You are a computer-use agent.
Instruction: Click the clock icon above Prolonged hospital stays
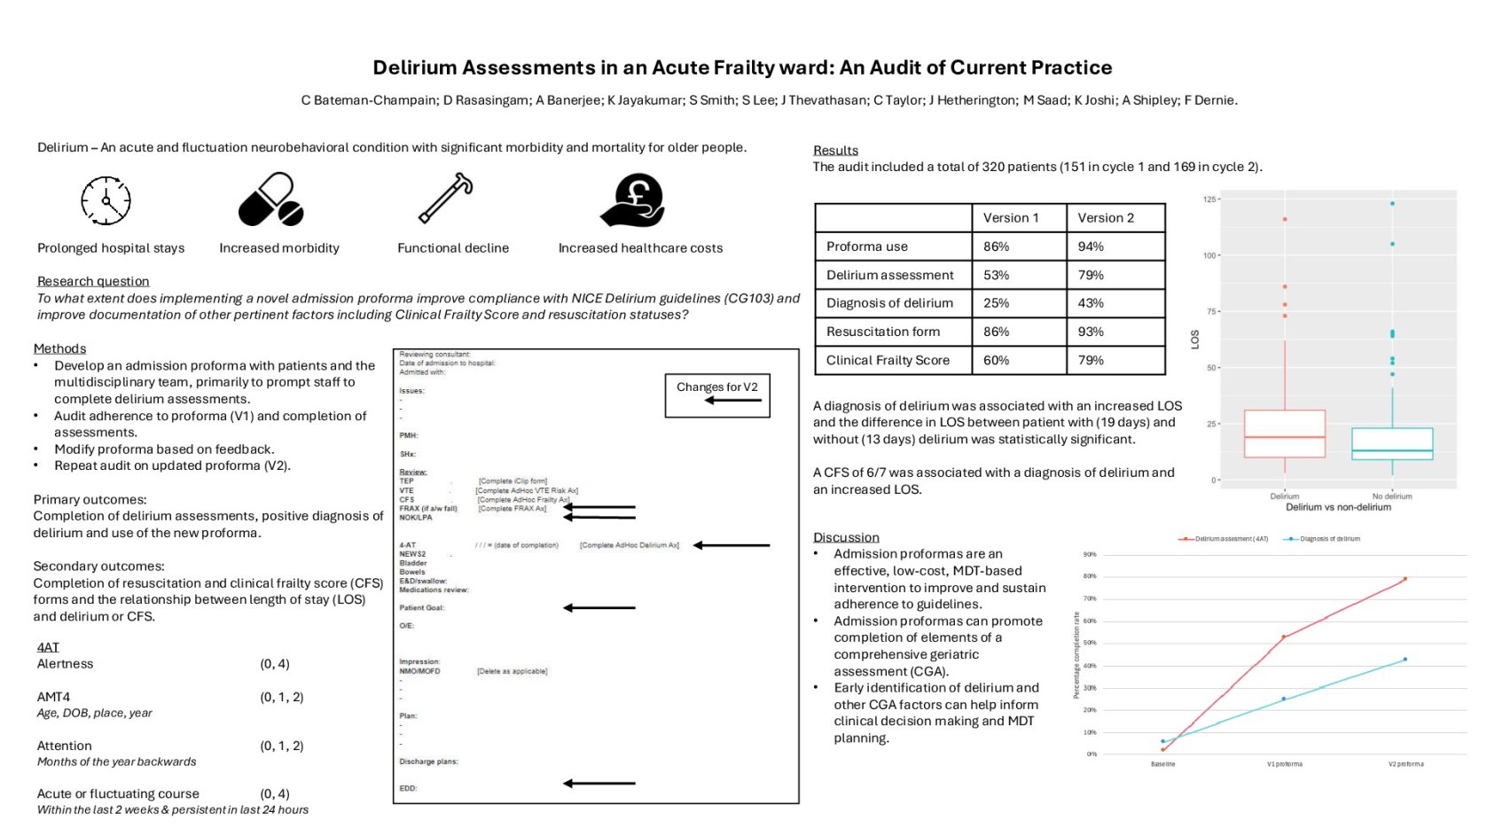106,200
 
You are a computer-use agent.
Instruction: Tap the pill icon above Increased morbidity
271,199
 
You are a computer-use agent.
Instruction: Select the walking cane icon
445,198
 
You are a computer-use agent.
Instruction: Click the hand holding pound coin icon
633,199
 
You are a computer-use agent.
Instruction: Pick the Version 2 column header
1106,218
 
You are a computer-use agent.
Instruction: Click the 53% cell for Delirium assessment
997,275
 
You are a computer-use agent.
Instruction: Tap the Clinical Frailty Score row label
888,360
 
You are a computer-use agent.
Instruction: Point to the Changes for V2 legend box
717,395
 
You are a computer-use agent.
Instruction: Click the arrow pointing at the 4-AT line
732,545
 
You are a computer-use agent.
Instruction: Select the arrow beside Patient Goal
599,608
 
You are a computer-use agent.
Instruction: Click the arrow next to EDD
599,784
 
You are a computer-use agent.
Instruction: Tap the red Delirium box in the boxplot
1285,434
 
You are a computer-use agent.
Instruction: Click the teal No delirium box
1392,443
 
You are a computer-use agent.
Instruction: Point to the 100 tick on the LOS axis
1209,255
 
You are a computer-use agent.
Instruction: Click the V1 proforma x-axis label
1284,764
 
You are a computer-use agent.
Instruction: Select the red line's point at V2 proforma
1405,579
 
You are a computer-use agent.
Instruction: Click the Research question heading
93,281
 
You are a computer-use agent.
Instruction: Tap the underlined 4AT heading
48,647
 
